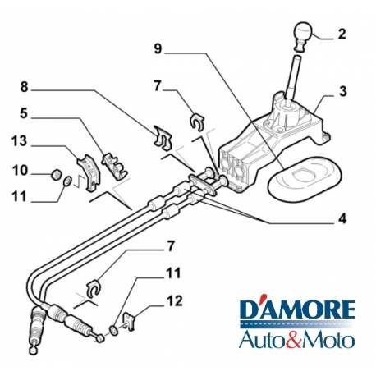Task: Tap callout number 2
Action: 342,34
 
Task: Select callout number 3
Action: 343,91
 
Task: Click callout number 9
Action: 158,48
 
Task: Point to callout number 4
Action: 342,218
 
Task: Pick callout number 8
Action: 24,87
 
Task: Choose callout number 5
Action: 24,113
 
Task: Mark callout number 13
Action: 19,141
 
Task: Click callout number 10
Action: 20,170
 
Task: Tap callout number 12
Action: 175,300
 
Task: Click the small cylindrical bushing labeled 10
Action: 57,174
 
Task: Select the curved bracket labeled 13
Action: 89,172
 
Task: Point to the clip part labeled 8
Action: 163,138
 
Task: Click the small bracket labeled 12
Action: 130,321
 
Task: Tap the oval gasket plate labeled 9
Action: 305,180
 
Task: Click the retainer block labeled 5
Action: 114,166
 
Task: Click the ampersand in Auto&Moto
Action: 298,339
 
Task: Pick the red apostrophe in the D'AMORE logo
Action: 262,297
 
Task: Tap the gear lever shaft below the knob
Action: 293,78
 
